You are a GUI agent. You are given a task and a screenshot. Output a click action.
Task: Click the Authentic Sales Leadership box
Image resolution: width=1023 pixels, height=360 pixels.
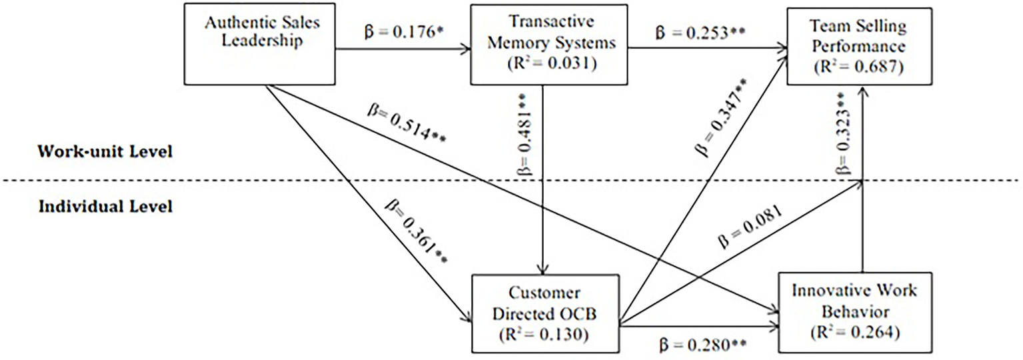click(261, 45)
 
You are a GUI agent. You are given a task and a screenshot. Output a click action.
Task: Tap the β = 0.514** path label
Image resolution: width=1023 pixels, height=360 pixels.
click(407, 123)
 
